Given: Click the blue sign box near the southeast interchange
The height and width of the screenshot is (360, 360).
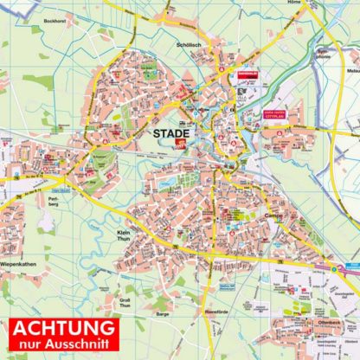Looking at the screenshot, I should [x=333, y=267].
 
